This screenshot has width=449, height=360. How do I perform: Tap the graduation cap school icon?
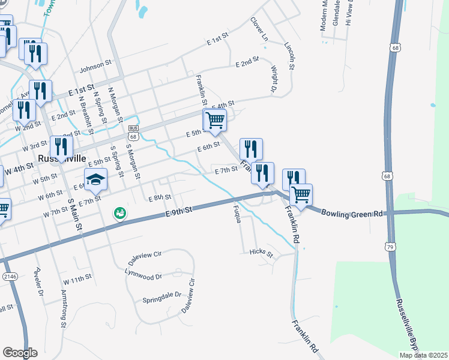[95, 179]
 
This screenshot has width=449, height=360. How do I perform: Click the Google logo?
[20, 353]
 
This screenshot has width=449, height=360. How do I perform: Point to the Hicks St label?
[261, 253]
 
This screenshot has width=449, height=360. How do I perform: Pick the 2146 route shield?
[9, 276]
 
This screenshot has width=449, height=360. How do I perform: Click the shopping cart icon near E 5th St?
[215, 120]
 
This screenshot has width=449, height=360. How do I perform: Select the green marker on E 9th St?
[119, 213]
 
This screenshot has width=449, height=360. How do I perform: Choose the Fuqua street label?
[237, 213]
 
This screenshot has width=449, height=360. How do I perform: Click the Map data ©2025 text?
[423, 355]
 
